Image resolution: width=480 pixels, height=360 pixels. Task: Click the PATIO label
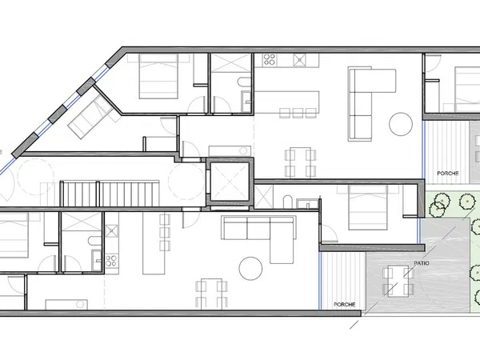pyautogui.click(x=422, y=263)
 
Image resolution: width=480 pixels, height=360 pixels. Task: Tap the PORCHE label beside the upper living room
pyautogui.click(x=448, y=174)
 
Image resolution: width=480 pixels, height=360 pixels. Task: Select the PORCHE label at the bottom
pyautogui.click(x=344, y=305)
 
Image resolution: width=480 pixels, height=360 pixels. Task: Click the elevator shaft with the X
pyautogui.click(x=230, y=182)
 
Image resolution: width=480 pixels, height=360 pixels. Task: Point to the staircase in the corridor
pyautogui.click(x=110, y=194)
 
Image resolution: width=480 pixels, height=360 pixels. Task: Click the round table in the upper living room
pyautogui.click(x=401, y=124)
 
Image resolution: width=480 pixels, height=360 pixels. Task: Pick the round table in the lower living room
pyautogui.click(x=250, y=268)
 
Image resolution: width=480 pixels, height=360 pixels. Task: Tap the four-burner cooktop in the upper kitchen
pyautogui.click(x=270, y=59)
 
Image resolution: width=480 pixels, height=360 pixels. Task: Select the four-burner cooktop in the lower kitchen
pyautogui.click(x=111, y=261)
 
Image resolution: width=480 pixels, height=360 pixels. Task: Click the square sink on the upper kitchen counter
pyautogui.click(x=300, y=60)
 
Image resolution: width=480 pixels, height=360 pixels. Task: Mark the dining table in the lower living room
pyautogui.click(x=211, y=293)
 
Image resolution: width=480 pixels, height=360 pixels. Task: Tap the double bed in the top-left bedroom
pyautogui.click(x=158, y=76)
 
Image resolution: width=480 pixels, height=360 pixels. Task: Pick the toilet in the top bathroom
pyautogui.click(x=244, y=82)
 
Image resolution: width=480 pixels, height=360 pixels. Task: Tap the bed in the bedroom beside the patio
pyautogui.click(x=368, y=207)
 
